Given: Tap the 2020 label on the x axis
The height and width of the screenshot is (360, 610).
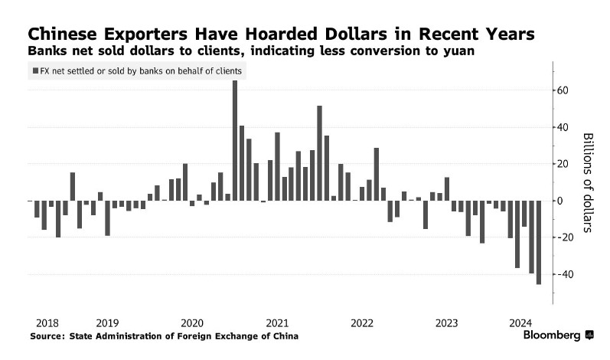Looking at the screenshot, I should coord(191,322).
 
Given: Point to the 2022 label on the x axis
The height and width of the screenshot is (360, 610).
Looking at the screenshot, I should coord(361,322).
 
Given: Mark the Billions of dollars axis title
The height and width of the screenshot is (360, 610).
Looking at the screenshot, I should coord(588,182).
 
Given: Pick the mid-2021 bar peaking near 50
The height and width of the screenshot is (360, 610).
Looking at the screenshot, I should coord(319,153).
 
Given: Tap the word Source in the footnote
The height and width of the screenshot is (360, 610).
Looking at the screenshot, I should coord(47,336).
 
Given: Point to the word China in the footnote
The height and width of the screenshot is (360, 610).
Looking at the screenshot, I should coord(283,336).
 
